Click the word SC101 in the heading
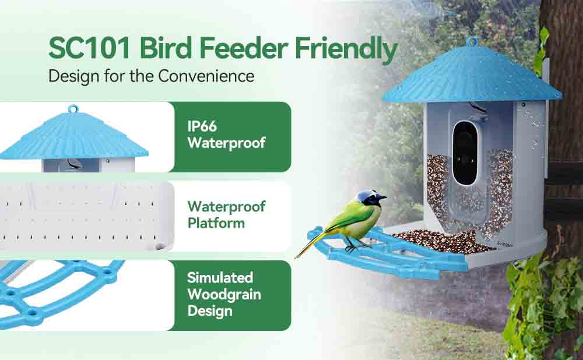click(x=90, y=48)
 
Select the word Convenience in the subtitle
click(x=206, y=76)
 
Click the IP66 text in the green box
click(x=202, y=126)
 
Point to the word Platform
click(x=216, y=223)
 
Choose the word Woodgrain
click(x=224, y=295)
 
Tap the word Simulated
click(x=220, y=277)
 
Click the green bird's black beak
click(x=382, y=197)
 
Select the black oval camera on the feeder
click(x=465, y=153)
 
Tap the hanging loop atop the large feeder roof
click(x=472, y=41)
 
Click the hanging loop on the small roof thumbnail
click(x=73, y=109)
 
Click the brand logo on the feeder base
click(x=505, y=244)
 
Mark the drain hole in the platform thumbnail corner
click(x=160, y=246)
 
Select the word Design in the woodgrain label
click(x=210, y=311)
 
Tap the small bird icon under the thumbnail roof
click(x=75, y=164)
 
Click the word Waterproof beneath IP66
click(x=226, y=143)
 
